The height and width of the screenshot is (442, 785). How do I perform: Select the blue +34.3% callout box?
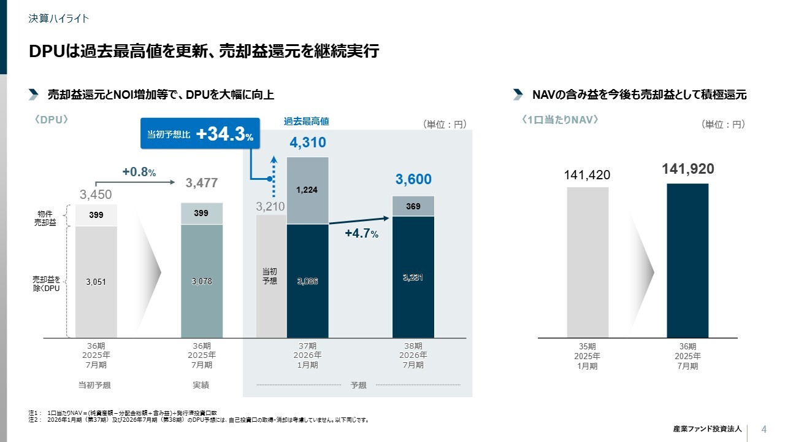[201, 134]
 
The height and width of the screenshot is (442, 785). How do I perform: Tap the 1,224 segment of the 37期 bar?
[307, 190]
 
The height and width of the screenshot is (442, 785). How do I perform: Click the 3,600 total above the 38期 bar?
[413, 179]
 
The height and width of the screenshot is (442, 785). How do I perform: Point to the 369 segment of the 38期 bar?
[413, 206]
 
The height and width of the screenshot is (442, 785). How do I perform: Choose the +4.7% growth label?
[361, 233]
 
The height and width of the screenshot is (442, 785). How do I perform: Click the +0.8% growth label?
[139, 173]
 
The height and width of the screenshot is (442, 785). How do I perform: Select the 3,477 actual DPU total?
[202, 183]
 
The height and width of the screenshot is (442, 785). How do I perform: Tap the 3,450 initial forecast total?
[96, 195]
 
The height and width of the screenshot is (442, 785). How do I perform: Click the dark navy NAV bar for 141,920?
[687, 260]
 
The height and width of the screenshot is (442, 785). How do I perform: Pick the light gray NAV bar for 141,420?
[588, 262]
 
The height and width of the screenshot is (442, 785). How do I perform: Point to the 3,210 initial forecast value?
[270, 206]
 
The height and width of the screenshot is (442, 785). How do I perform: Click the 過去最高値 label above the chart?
[306, 122]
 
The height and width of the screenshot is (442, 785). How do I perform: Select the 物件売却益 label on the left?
[45, 218]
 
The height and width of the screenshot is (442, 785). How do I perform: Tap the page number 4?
[764, 428]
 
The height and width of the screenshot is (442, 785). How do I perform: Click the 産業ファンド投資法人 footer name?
[707, 429]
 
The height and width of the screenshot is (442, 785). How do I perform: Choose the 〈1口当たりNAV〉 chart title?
[559, 120]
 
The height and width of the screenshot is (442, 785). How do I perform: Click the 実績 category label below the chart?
[201, 385]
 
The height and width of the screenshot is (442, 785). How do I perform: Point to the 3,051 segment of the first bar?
[96, 282]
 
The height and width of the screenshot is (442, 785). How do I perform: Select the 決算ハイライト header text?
[59, 18]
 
